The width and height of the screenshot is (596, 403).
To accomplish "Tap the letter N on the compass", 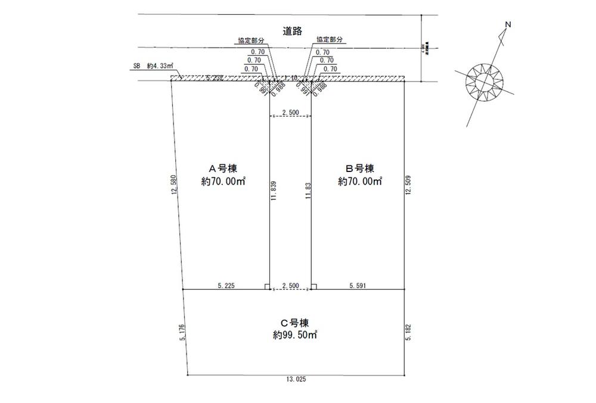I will pyautogui.click(x=508, y=24).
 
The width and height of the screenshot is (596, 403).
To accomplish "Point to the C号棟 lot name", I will pyautogui.click(x=291, y=323).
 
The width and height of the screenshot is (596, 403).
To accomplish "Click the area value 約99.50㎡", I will pyautogui.click(x=292, y=335).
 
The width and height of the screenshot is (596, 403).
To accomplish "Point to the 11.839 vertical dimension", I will pyautogui.click(x=274, y=193).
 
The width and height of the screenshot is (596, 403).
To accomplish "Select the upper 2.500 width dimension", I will pyautogui.click(x=290, y=112).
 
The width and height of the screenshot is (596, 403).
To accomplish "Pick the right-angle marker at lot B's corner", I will pyautogui.click(x=314, y=286).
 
